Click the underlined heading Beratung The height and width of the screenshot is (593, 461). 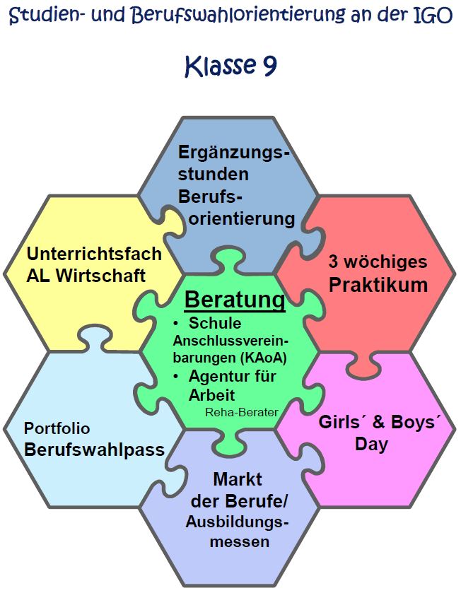pyautogui.click(x=235, y=299)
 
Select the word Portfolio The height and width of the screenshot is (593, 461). pyautogui.click(x=57, y=428)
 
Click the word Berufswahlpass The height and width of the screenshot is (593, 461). pyautogui.click(x=94, y=449)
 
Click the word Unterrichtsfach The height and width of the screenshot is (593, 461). pyautogui.click(x=94, y=253)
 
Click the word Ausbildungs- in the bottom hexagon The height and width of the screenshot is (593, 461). pyautogui.click(x=238, y=522)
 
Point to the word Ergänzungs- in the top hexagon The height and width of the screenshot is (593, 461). pyautogui.click(x=234, y=153)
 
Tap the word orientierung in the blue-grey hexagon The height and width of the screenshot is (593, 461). pyautogui.click(x=242, y=218)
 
